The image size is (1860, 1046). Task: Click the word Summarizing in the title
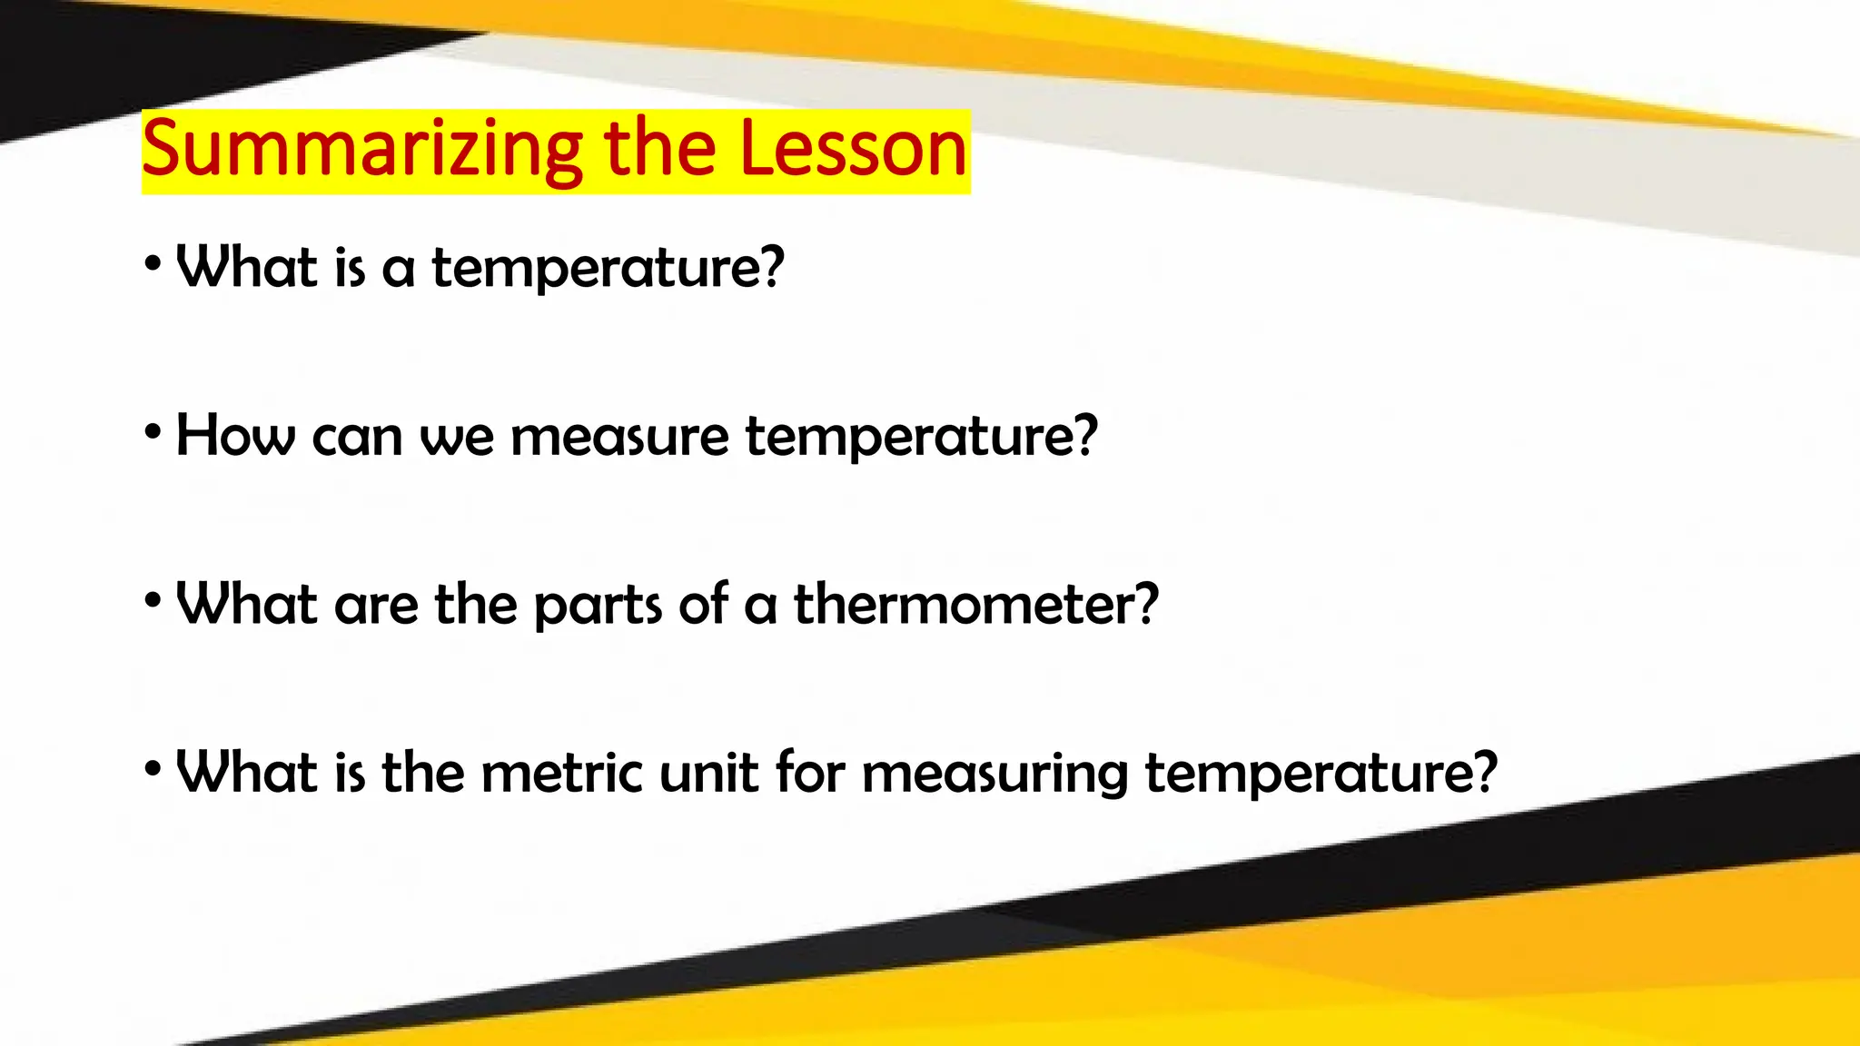click(x=361, y=151)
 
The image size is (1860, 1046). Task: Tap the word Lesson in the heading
click(x=854, y=149)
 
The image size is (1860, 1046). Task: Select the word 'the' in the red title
click(x=659, y=149)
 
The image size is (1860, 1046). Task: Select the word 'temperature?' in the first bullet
click(x=608, y=269)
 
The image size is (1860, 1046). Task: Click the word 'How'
click(x=235, y=436)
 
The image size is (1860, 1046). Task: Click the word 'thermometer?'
click(x=976, y=605)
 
